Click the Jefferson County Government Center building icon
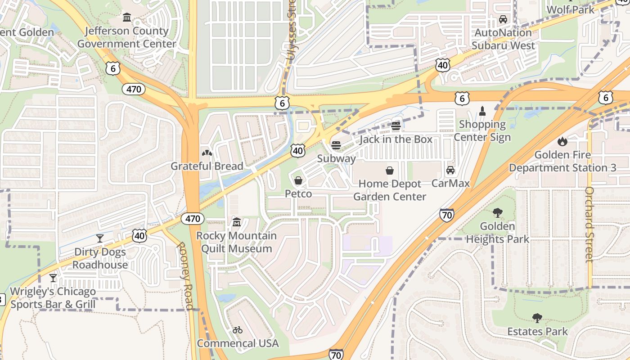point(127,18)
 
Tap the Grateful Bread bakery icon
point(207,153)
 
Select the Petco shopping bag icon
point(298,180)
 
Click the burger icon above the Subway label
point(336,145)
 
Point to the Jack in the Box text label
point(396,139)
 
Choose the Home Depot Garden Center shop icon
point(390,171)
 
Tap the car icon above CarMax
point(450,170)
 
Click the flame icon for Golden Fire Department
point(562,142)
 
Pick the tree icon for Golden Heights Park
point(497,213)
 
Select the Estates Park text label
point(538,332)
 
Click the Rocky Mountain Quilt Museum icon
point(237,222)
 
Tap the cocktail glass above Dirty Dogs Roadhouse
point(100,238)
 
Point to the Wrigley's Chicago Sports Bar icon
point(53,278)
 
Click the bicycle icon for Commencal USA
point(238,330)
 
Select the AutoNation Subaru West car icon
point(503,19)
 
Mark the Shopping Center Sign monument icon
point(482,111)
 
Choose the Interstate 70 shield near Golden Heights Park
point(447,216)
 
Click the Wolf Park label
point(570,9)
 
